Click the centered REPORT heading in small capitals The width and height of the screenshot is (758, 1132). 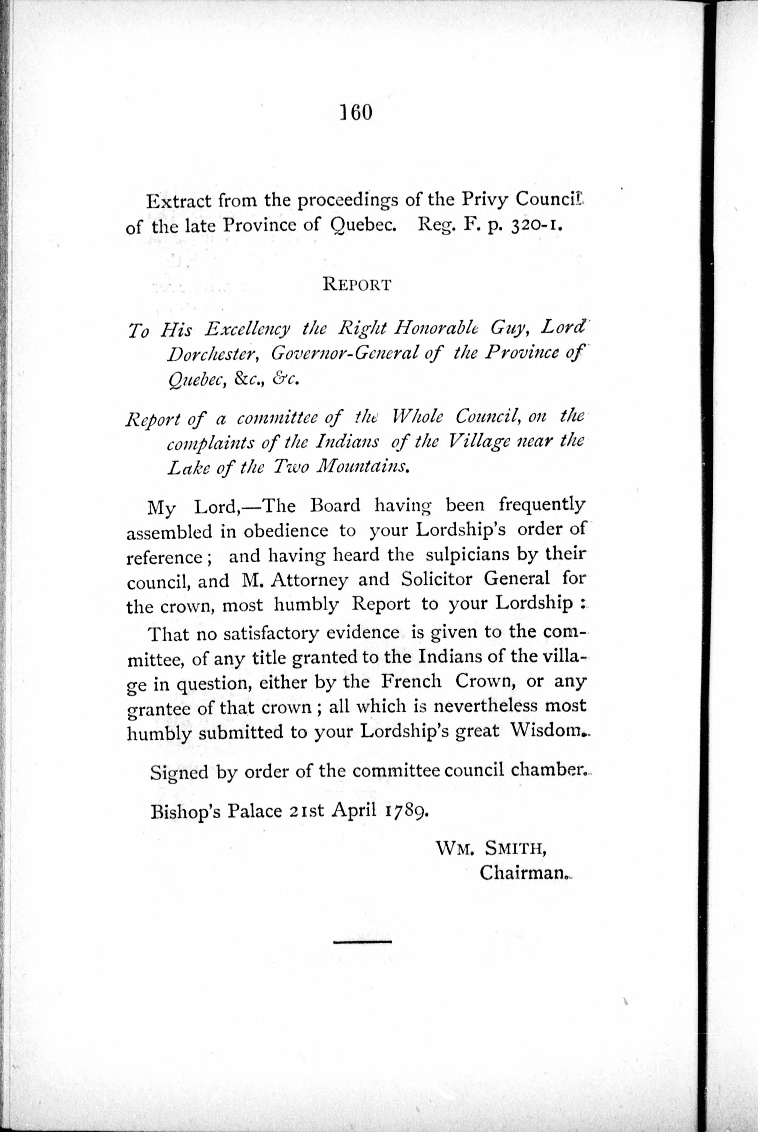coord(357,284)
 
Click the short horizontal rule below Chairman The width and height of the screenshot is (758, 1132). coord(362,942)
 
